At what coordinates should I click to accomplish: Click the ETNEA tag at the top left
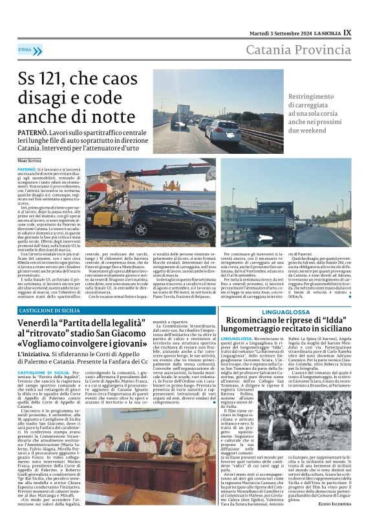(25, 48)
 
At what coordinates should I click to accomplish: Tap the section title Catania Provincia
(303, 50)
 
